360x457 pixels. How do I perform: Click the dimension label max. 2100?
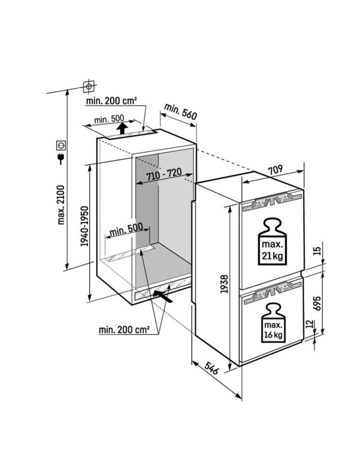(x=60, y=204)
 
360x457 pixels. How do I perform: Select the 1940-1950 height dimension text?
(x=84, y=226)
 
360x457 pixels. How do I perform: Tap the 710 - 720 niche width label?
(x=164, y=174)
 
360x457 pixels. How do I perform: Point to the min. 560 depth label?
(x=181, y=111)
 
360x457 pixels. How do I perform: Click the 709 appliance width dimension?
(x=275, y=170)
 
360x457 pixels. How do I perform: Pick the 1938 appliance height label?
(x=224, y=284)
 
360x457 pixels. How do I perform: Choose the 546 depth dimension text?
(x=211, y=368)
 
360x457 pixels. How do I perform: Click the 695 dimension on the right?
(x=318, y=303)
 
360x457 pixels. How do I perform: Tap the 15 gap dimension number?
(x=318, y=250)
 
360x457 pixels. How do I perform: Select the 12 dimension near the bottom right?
(x=310, y=324)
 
